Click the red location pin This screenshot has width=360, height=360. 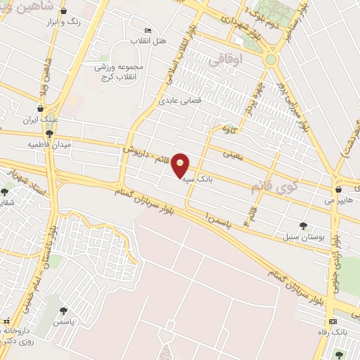(x=181, y=165)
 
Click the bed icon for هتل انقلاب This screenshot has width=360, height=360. (x=147, y=30)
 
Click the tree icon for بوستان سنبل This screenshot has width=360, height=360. (x=303, y=226)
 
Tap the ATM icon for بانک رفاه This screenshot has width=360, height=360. (x=333, y=320)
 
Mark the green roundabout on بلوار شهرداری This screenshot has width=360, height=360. (x=271, y=60)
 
